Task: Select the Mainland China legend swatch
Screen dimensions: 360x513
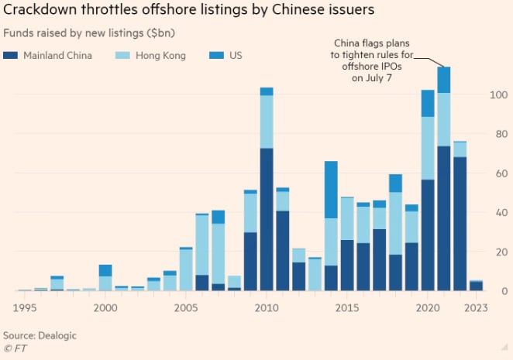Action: (11, 56)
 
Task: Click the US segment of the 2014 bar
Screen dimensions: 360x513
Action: (331, 190)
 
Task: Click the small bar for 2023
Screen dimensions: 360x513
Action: (477, 286)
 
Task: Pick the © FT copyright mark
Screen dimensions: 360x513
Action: (15, 348)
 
